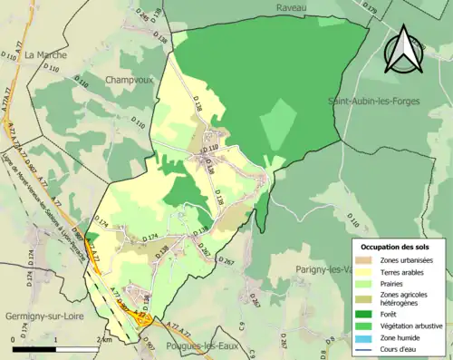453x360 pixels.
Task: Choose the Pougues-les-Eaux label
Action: [x=204, y=348]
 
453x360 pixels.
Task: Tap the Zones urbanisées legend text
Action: [x=406, y=260]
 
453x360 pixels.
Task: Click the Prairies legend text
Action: [x=395, y=283]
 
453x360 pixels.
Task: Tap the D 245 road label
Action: [x=141, y=15]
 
